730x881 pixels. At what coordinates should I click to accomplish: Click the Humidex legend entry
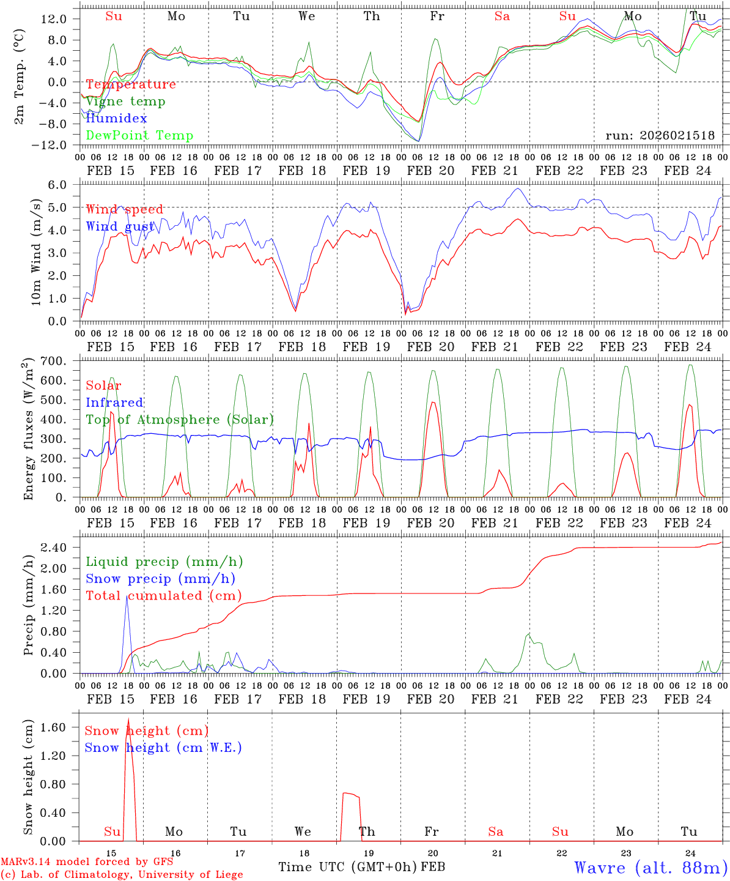[116, 118]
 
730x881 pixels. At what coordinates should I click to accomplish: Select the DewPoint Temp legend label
[139, 135]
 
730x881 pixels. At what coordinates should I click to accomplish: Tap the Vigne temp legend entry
[125, 101]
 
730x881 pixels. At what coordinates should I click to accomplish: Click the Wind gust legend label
[120, 226]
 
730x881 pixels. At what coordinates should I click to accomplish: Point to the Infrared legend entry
[114, 403]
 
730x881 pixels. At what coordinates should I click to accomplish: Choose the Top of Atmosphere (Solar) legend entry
[180, 420]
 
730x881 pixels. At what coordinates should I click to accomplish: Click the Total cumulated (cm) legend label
[163, 595]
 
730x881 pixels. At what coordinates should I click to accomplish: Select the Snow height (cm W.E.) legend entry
[163, 748]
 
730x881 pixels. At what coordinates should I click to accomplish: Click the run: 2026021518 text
[660, 135]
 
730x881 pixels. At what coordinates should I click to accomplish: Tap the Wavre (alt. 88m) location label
[651, 868]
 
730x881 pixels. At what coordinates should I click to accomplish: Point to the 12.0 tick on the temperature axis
[54, 19]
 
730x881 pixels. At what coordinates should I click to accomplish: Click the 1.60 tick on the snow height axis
[54, 727]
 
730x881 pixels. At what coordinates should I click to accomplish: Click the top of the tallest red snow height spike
[128, 719]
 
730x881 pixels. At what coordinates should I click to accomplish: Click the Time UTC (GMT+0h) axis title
[347, 867]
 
